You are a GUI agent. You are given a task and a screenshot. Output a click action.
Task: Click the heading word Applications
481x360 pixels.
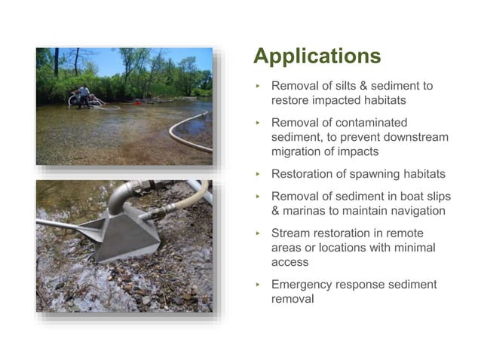point(317,56)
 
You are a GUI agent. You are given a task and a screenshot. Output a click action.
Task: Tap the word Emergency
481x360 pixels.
point(303,284)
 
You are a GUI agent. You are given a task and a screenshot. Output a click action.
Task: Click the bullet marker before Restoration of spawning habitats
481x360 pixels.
point(257,174)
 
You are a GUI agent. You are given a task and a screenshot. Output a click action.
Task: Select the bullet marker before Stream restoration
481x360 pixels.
point(257,234)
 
